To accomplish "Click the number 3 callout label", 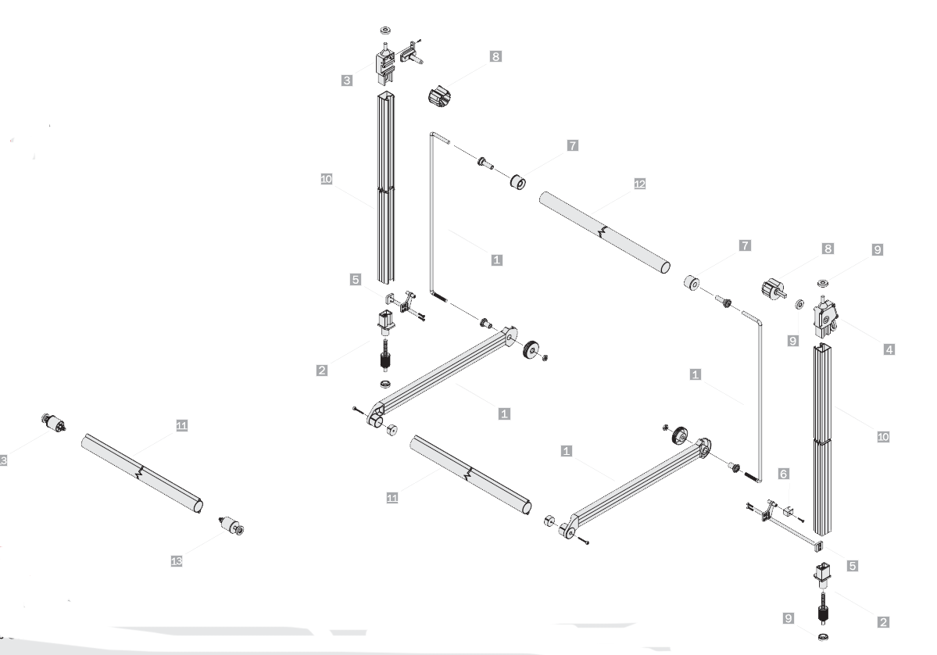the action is click(347, 80).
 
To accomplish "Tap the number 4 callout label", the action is click(889, 349).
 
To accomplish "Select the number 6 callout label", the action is click(783, 474).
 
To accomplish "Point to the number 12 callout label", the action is click(639, 184).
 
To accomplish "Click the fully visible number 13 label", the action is click(177, 561).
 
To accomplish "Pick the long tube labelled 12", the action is click(605, 232).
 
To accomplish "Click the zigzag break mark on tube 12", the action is click(603, 231).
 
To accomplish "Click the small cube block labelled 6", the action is click(788, 511).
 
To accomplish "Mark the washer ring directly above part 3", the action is click(385, 29).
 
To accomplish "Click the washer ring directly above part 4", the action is click(823, 282).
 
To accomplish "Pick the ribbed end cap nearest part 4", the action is click(773, 288).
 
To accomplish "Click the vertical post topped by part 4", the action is click(821, 439).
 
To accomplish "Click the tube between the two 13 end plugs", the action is click(141, 473).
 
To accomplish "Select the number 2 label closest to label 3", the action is click(321, 370).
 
